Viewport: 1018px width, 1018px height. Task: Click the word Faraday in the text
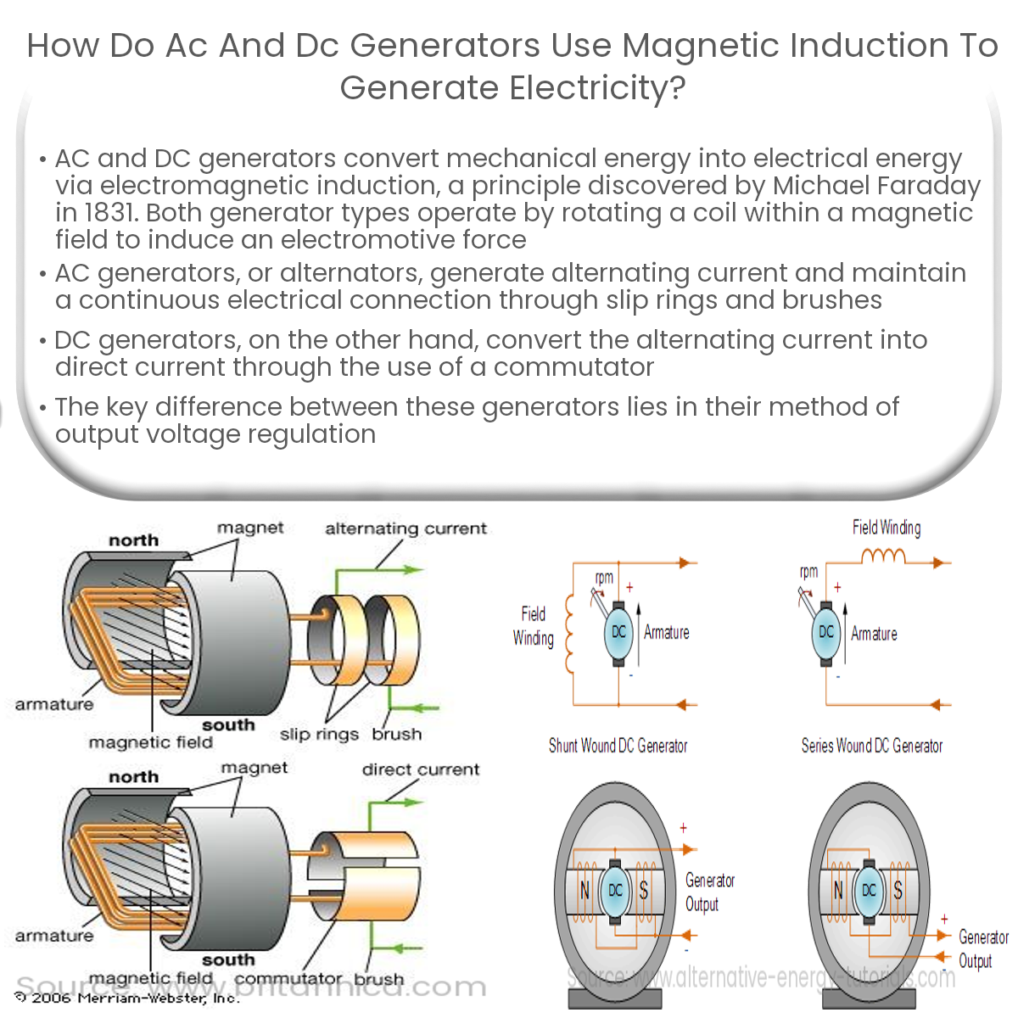point(926,186)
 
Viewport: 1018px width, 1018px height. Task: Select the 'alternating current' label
point(406,529)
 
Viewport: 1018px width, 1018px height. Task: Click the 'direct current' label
point(421,770)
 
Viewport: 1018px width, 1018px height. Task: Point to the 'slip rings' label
point(319,735)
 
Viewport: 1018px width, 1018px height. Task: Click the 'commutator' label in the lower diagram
point(288,979)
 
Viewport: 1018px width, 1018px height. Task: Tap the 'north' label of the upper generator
point(133,540)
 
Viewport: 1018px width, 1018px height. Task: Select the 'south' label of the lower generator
point(228,960)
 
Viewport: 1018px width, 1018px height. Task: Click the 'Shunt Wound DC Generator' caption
point(618,747)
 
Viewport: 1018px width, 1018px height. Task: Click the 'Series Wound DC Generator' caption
point(872,747)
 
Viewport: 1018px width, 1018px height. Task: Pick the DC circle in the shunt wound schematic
point(618,632)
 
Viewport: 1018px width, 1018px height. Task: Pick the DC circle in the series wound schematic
point(825,632)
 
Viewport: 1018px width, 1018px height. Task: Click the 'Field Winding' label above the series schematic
point(887,528)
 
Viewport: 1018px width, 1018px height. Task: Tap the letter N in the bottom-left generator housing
point(585,891)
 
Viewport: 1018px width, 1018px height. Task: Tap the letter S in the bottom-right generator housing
point(898,891)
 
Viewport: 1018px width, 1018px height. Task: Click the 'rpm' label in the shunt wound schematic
point(604,578)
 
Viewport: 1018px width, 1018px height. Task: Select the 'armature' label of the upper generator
point(54,704)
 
